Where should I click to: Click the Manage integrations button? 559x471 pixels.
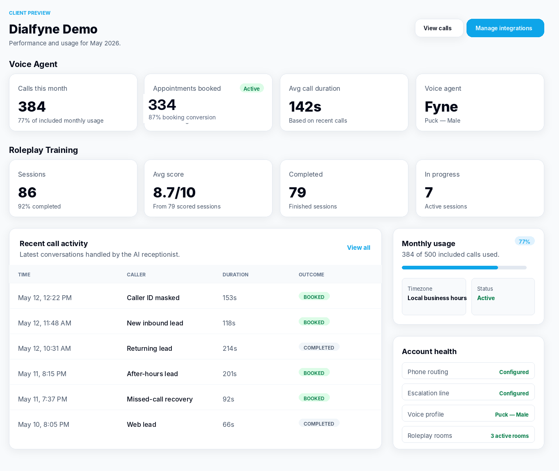(x=505, y=28)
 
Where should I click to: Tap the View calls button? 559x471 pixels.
(x=439, y=28)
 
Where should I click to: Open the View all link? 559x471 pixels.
(x=358, y=248)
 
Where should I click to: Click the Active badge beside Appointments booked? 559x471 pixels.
(x=252, y=89)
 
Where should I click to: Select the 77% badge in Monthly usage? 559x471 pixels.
(x=525, y=242)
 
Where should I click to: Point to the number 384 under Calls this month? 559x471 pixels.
(x=32, y=106)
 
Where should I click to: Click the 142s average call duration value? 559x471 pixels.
(x=305, y=106)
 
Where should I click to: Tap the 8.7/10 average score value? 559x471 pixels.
(x=174, y=192)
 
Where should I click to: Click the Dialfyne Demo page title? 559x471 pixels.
(x=53, y=29)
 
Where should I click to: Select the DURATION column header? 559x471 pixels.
(x=235, y=275)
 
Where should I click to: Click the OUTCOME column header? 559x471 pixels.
(x=311, y=275)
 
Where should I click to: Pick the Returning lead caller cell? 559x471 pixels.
(x=149, y=348)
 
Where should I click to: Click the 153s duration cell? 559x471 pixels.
(x=230, y=298)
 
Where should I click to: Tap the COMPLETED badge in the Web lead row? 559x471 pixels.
(x=319, y=424)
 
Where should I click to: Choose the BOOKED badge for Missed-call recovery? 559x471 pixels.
(x=314, y=398)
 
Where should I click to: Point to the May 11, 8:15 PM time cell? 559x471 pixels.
(x=42, y=374)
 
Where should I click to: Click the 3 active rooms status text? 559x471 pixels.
(x=509, y=436)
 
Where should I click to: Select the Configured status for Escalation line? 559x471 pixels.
(x=514, y=393)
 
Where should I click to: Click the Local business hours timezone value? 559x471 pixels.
(x=437, y=298)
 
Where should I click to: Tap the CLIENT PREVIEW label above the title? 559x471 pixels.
(x=30, y=13)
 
